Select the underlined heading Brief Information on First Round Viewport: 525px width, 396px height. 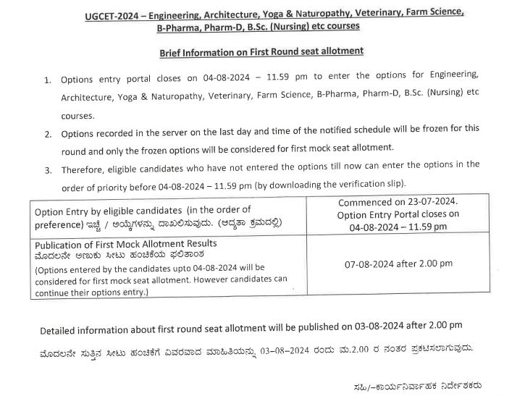click(261, 51)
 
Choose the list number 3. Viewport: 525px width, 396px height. click(48, 171)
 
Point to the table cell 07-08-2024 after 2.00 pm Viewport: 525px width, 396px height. click(398, 265)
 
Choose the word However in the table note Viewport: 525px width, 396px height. click(215, 279)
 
